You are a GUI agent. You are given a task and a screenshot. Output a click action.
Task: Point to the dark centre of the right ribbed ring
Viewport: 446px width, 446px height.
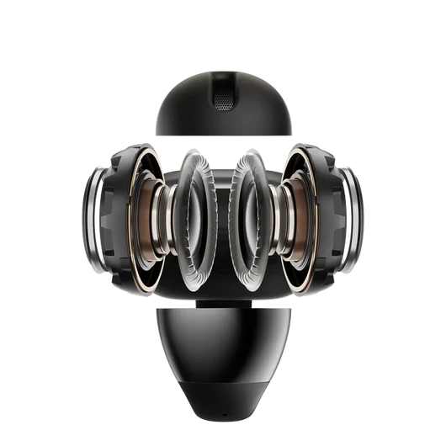pos(246,210)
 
